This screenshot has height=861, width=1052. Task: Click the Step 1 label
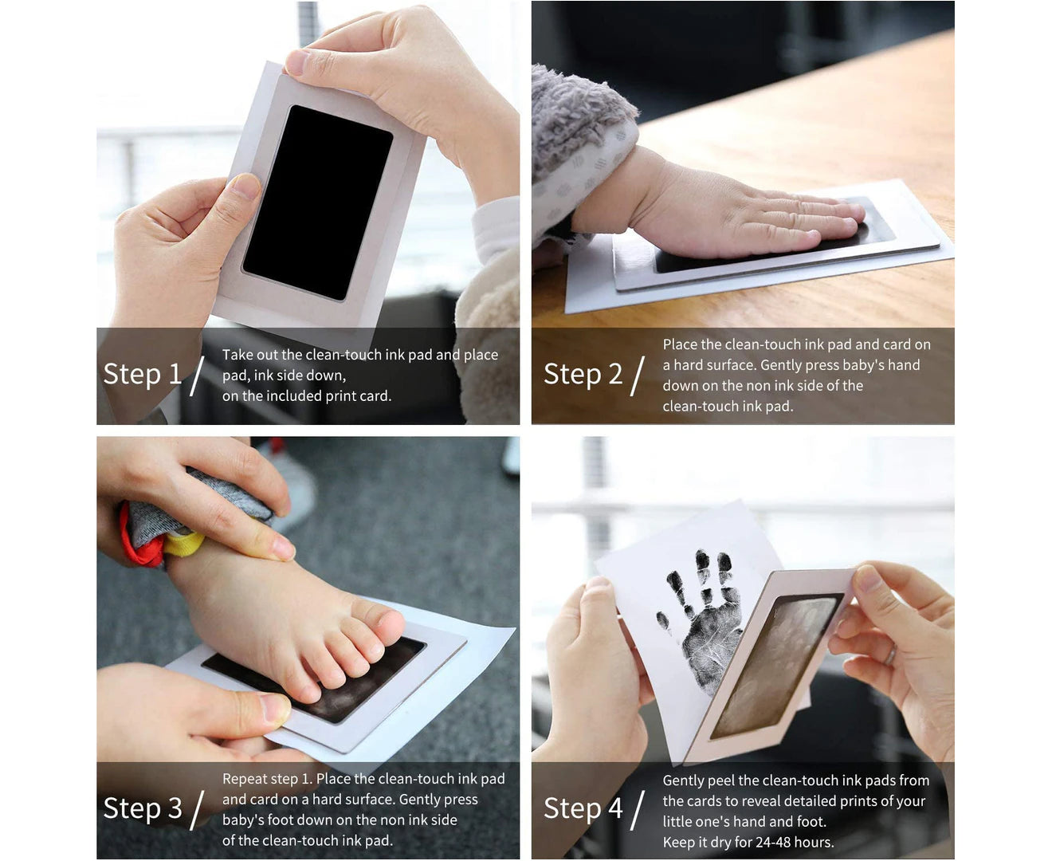pyautogui.click(x=142, y=375)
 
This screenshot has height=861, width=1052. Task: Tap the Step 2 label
pyautogui.click(x=583, y=375)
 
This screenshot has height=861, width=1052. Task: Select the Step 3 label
pyautogui.click(x=143, y=808)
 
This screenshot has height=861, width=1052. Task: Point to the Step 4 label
pyautogui.click(x=583, y=808)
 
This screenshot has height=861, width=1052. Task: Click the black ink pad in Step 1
pyautogui.click(x=318, y=202)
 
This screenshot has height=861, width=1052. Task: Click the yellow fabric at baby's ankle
pyautogui.click(x=183, y=544)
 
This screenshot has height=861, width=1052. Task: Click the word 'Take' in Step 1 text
pyautogui.click(x=238, y=355)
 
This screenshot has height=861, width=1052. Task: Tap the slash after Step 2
pyautogui.click(x=638, y=375)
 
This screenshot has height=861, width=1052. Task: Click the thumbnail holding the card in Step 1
pyautogui.click(x=245, y=186)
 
